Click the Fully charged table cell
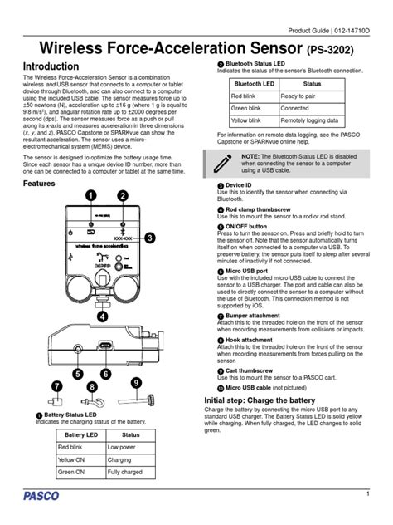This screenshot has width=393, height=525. pos(129,473)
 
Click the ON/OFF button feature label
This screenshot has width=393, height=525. pos(247,226)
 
